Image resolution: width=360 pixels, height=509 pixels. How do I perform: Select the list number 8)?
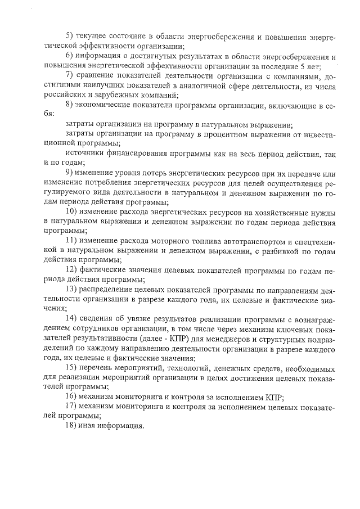click(70, 105)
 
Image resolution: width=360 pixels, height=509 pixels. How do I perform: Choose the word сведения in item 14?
click(96, 318)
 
